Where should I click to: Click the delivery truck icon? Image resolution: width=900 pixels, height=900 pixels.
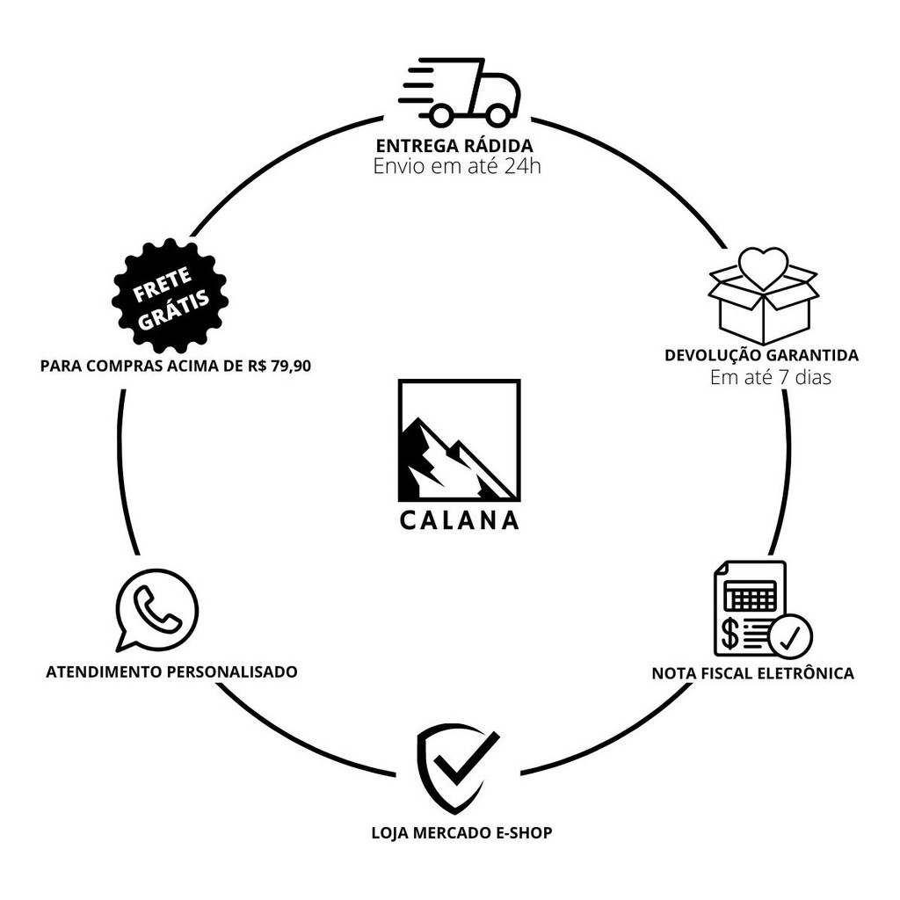tap(461, 91)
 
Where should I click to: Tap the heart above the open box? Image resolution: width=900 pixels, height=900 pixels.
tap(763, 267)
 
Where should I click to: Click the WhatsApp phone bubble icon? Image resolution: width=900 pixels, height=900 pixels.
tap(156, 610)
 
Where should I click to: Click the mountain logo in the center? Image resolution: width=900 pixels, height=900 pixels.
tap(459, 440)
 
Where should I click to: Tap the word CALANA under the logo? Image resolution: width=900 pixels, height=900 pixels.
tap(459, 520)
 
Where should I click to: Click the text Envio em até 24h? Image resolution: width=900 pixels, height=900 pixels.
tap(456, 166)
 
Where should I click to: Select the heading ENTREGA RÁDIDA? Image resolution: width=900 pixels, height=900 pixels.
tap(454, 145)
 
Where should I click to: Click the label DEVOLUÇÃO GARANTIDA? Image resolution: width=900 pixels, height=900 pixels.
tap(761, 356)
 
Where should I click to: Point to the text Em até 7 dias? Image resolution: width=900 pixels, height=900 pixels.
tap(770, 379)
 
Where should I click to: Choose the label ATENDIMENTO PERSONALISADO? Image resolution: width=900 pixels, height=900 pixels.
tap(171, 672)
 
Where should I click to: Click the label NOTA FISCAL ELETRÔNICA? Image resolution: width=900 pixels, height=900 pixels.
tap(752, 674)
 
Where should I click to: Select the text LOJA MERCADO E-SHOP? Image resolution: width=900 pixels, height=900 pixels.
tap(461, 832)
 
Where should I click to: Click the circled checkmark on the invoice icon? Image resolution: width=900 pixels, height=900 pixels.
tap(789, 635)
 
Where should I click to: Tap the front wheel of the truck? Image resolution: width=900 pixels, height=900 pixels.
tap(497, 114)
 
